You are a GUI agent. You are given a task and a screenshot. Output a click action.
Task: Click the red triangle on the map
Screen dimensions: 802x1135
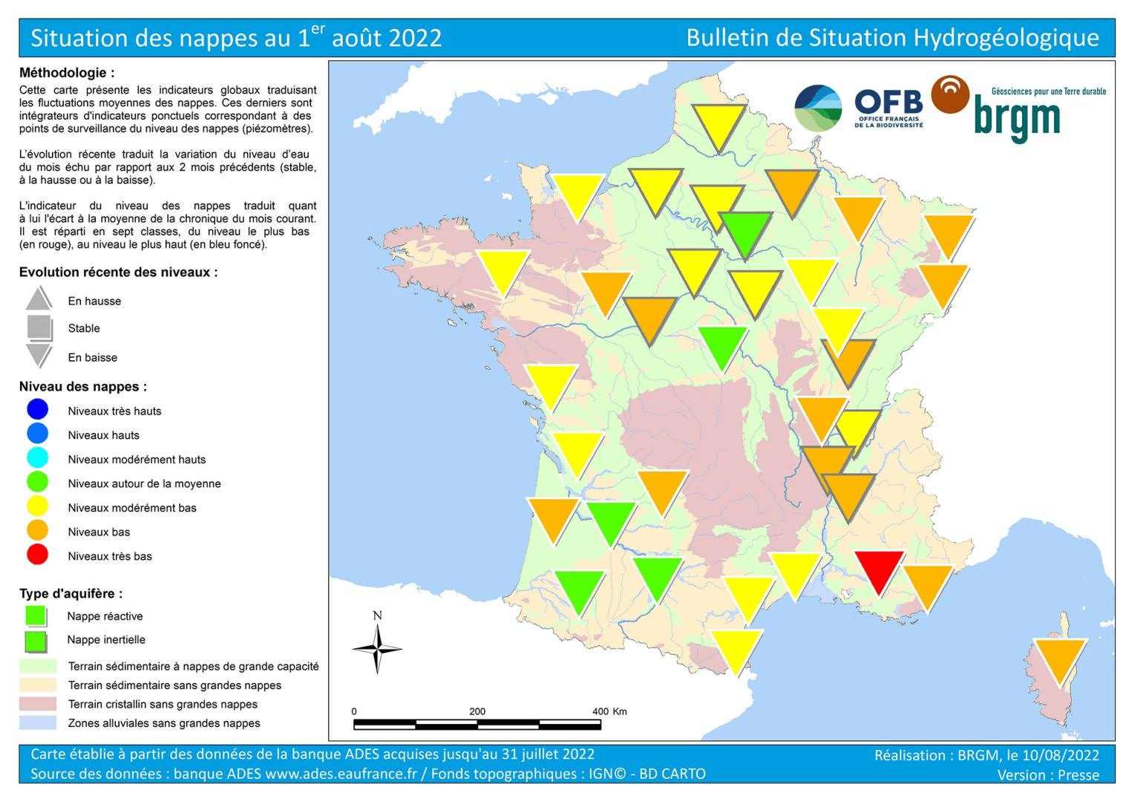pyautogui.click(x=879, y=568)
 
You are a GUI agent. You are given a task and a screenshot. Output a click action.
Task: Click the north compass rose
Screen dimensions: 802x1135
pyautogui.click(x=377, y=648)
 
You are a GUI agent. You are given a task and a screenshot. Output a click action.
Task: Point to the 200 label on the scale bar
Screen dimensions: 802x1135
pyautogui.click(x=477, y=711)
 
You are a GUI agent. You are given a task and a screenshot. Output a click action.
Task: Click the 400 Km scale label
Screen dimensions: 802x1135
pyautogui.click(x=609, y=711)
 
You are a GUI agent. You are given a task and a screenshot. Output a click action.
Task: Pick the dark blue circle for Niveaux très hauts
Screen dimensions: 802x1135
pyautogui.click(x=37, y=410)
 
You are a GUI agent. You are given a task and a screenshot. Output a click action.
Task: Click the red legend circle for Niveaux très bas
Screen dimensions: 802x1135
pyautogui.click(x=37, y=555)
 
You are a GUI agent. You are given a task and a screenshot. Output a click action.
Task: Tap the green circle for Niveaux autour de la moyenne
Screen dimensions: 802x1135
pyautogui.click(x=37, y=483)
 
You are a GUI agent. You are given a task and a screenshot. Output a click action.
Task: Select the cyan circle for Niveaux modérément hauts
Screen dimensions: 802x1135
pyautogui.click(x=37, y=458)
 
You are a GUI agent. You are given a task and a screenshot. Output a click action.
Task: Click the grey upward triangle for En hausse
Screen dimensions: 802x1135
pyautogui.click(x=39, y=299)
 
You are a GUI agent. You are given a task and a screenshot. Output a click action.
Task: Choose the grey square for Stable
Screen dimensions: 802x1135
pyautogui.click(x=39, y=327)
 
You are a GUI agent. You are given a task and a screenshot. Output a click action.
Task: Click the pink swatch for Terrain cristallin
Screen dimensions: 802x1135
pyautogui.click(x=39, y=704)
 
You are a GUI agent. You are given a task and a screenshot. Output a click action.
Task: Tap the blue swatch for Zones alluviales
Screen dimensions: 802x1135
pyautogui.click(x=39, y=723)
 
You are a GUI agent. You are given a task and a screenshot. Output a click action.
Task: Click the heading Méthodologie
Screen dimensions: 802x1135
pyautogui.click(x=67, y=73)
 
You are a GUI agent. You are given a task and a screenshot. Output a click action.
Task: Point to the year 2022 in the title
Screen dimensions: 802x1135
pyautogui.click(x=414, y=38)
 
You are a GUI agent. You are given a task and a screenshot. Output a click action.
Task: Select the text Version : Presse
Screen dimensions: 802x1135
pyautogui.click(x=1048, y=775)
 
